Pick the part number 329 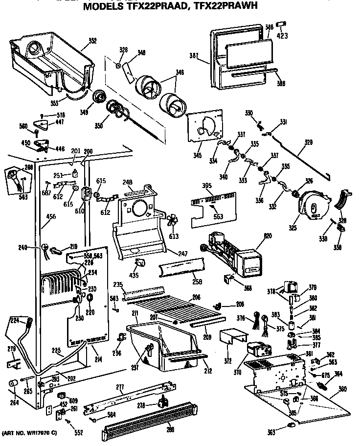[x=308, y=142]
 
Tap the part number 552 [x=79, y=432]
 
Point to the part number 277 [x=120, y=387]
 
